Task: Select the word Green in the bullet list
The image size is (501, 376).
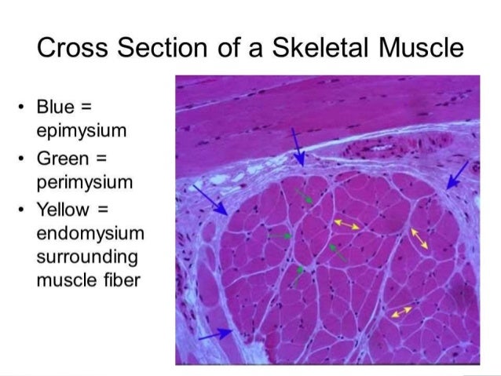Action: point(61,159)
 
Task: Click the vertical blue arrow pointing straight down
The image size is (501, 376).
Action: point(298,146)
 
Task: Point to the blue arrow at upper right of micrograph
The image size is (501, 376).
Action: point(456,176)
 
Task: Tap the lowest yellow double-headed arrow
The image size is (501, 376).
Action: point(400,312)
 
